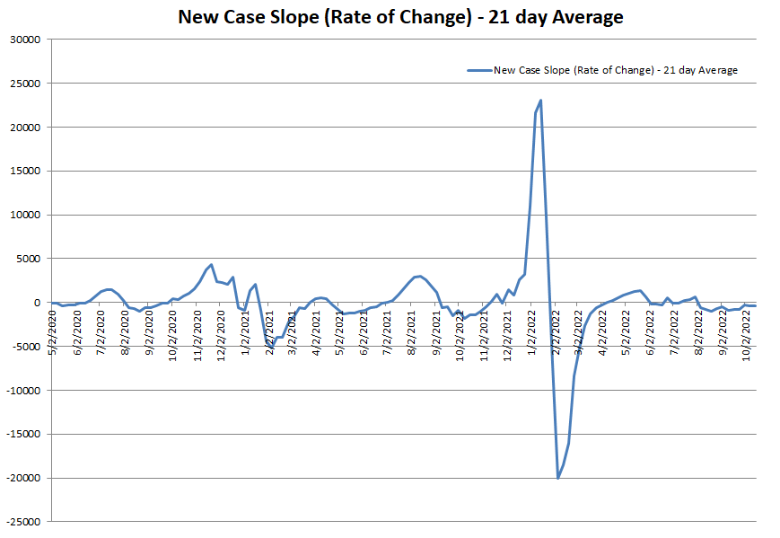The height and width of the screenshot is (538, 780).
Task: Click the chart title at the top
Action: click(400, 17)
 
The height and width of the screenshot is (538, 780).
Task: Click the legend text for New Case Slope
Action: click(615, 70)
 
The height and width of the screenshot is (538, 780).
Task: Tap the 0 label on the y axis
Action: click(39, 303)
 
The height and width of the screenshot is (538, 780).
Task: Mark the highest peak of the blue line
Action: click(540, 101)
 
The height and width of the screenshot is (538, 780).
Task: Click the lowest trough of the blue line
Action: click(557, 477)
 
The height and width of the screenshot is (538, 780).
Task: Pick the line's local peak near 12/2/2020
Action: click(211, 265)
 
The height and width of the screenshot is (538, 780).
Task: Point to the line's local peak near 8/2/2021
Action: click(419, 276)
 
